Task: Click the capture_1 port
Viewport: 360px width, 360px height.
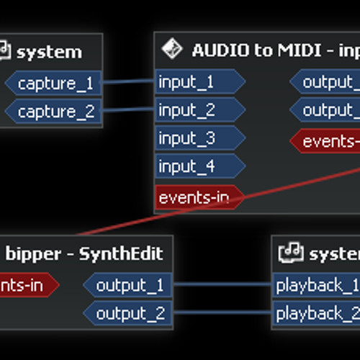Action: tap(55, 84)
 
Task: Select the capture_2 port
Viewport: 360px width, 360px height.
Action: tap(55, 112)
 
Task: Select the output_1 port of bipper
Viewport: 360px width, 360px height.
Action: tap(130, 286)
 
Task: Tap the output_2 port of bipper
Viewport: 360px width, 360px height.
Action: tap(130, 314)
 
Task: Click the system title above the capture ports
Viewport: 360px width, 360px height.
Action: tap(49, 52)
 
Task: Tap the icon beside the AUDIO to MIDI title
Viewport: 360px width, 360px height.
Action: tap(171, 50)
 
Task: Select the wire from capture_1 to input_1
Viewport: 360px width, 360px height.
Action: tap(128, 83)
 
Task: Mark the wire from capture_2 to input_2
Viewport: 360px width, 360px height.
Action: tap(128, 112)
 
